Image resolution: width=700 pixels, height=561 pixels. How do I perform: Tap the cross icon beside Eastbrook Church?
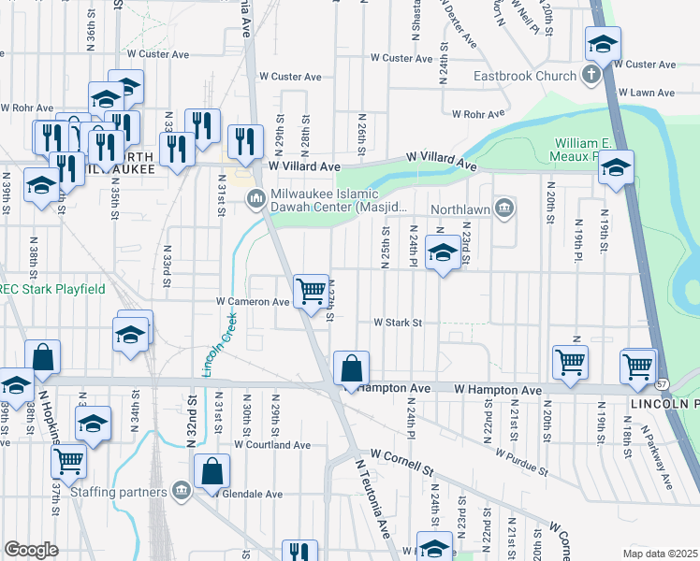coord(591,75)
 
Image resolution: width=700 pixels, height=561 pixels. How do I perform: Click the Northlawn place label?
coord(459,209)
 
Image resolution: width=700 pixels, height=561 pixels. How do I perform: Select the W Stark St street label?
coord(399,323)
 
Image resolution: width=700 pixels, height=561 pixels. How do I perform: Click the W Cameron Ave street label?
coord(253,302)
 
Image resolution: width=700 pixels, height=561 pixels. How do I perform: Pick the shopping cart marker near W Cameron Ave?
coord(311,290)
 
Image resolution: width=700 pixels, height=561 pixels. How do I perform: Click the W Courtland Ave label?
coord(272,445)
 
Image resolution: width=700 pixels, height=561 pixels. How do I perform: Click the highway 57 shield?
coord(661,384)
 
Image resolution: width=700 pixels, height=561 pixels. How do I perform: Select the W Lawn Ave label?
coord(651,93)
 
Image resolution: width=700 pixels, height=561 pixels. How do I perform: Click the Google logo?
coord(31,549)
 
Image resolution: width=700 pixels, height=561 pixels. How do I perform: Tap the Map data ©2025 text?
coord(659,554)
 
